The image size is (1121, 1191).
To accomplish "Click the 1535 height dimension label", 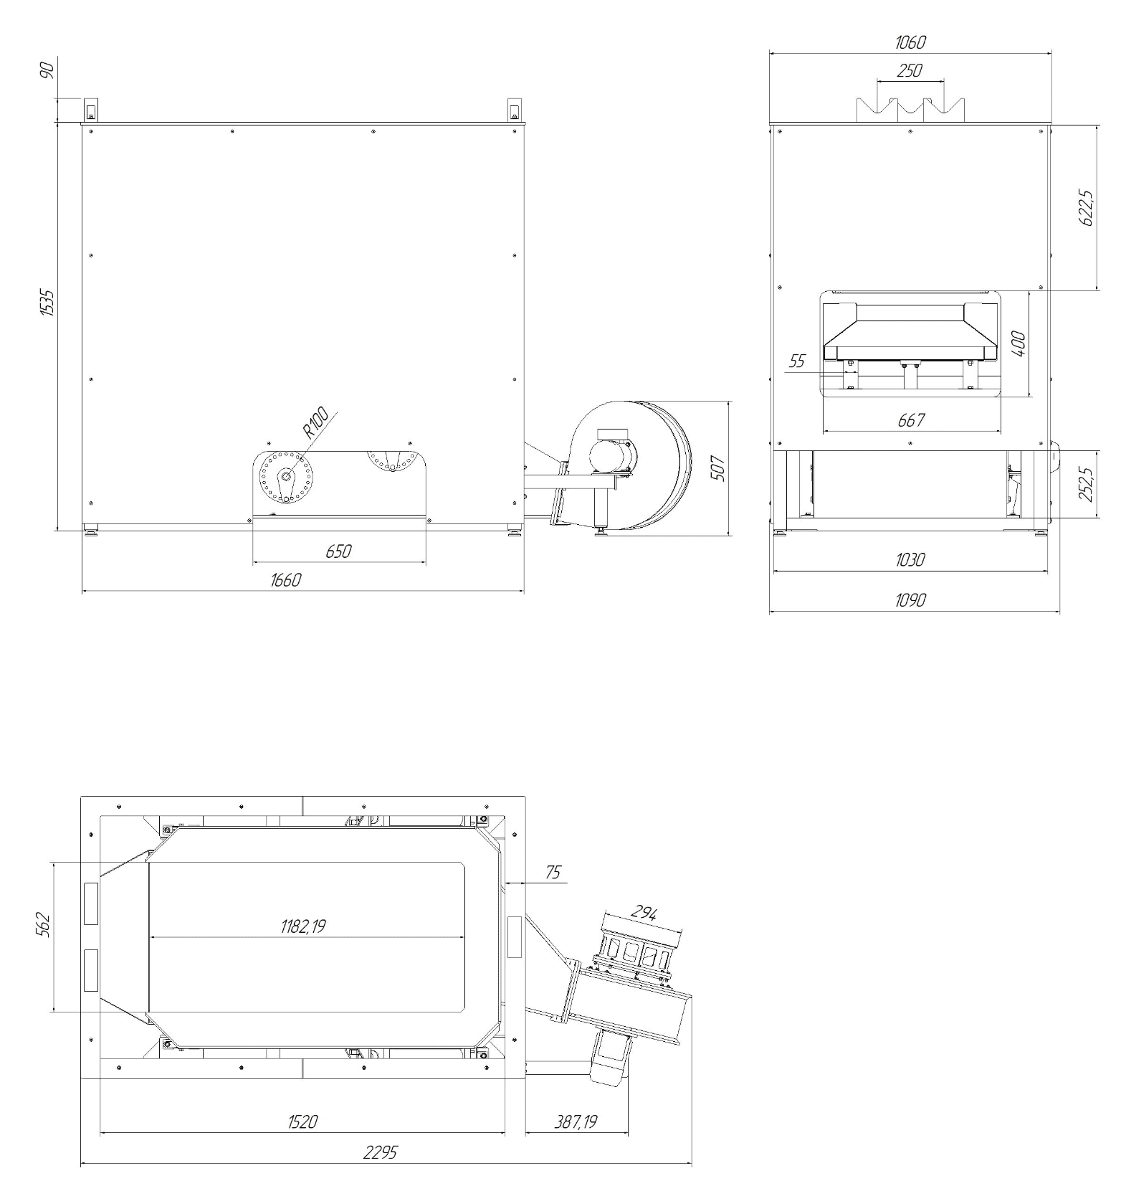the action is pos(47,303).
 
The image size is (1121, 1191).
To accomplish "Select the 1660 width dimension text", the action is pos(285,580).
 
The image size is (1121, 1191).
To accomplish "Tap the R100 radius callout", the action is pos(315,423).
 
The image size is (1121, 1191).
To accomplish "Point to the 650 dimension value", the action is pos(339,551).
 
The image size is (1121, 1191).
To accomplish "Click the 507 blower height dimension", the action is pos(720,468).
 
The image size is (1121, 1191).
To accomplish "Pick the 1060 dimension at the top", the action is pos(910,42).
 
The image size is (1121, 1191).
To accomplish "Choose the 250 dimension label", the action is pos(910,71).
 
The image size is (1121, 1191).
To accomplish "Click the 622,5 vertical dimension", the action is pos(1087,209).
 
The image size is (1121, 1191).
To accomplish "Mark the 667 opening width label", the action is pos(911,420).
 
